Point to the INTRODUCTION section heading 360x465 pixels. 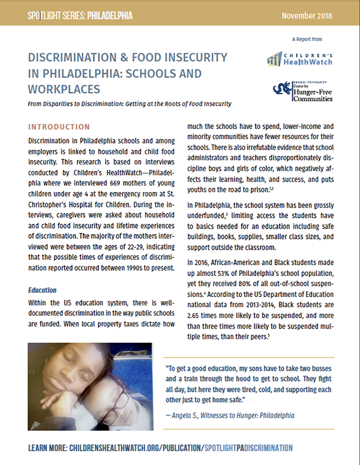coord(59,128)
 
